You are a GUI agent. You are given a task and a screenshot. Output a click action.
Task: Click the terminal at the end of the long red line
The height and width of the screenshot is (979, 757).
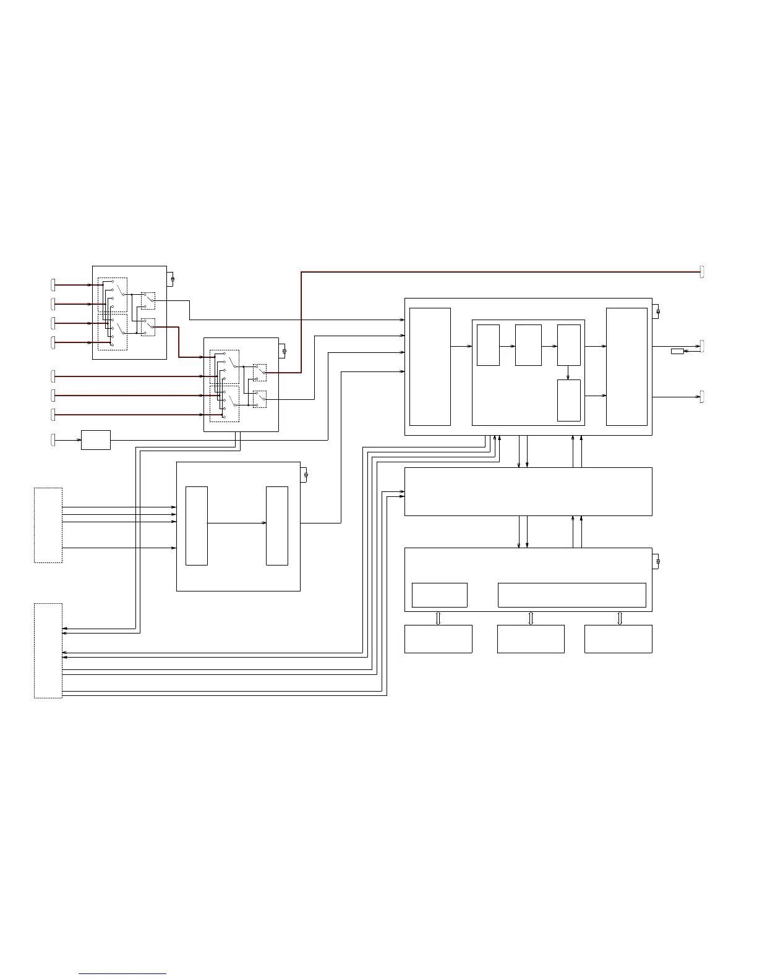(702, 271)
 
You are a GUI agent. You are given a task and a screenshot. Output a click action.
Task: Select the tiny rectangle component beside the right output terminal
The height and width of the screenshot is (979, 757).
(677, 351)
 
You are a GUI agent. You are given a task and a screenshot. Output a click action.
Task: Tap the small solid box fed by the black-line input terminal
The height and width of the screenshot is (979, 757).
(96, 440)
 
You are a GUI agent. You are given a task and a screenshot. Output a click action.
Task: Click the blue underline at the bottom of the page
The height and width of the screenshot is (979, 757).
(122, 974)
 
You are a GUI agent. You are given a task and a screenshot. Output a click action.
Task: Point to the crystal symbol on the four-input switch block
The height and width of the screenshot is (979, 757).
(173, 279)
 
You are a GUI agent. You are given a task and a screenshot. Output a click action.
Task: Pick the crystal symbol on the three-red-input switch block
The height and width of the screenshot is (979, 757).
(284, 352)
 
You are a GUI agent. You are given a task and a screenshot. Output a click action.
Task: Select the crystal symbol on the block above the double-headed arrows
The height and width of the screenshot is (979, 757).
(657, 561)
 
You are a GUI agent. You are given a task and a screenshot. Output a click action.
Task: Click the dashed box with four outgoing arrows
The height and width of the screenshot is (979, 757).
(48, 525)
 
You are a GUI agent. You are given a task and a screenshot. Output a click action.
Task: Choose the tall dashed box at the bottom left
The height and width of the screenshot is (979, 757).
(48, 651)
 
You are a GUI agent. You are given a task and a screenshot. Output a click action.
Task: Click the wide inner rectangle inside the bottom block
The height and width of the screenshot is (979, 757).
(572, 595)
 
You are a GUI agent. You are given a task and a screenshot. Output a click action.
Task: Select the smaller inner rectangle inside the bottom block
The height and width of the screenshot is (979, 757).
(440, 595)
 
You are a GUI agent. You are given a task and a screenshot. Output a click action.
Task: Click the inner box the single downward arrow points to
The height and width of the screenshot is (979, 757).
(569, 400)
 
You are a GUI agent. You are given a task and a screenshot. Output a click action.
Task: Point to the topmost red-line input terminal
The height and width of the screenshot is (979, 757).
(53, 285)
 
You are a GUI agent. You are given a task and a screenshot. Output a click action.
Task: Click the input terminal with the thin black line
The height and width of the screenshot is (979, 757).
(53, 440)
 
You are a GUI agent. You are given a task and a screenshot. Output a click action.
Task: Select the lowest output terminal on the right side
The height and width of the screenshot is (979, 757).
(702, 397)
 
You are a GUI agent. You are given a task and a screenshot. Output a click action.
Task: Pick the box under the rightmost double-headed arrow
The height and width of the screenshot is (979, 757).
(618, 639)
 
